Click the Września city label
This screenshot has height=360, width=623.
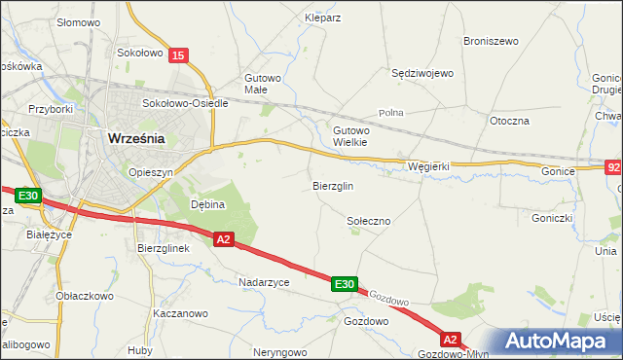click(134, 138)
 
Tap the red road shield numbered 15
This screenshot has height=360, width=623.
click(176, 56)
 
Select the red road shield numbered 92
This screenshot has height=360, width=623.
click(612, 166)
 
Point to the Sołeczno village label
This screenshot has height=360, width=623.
click(369, 222)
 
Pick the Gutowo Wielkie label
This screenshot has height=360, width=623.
click(350, 135)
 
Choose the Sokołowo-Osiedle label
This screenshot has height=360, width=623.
click(185, 103)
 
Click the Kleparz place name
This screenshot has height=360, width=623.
click(322, 18)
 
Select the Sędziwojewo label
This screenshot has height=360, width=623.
click(422, 73)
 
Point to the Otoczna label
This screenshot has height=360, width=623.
click(509, 121)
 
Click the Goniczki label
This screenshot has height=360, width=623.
click(551, 219)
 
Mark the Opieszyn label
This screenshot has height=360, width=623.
click(150, 171)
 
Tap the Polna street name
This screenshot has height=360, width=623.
click(391, 113)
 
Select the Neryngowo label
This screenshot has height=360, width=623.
click(280, 352)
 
